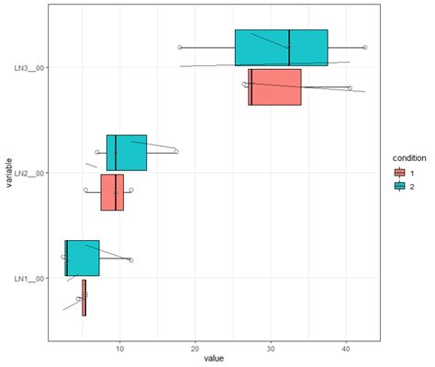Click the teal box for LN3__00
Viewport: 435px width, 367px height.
tap(281, 47)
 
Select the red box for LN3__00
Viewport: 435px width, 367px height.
tap(274, 87)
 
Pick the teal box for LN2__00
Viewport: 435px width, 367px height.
tap(127, 153)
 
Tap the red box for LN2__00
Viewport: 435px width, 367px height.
tap(112, 192)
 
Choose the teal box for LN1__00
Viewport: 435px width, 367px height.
tap(83, 258)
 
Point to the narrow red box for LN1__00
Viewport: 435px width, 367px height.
tap(84, 298)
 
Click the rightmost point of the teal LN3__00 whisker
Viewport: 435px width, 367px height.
tap(365, 47)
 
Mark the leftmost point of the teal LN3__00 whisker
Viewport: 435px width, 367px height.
tap(180, 47)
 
